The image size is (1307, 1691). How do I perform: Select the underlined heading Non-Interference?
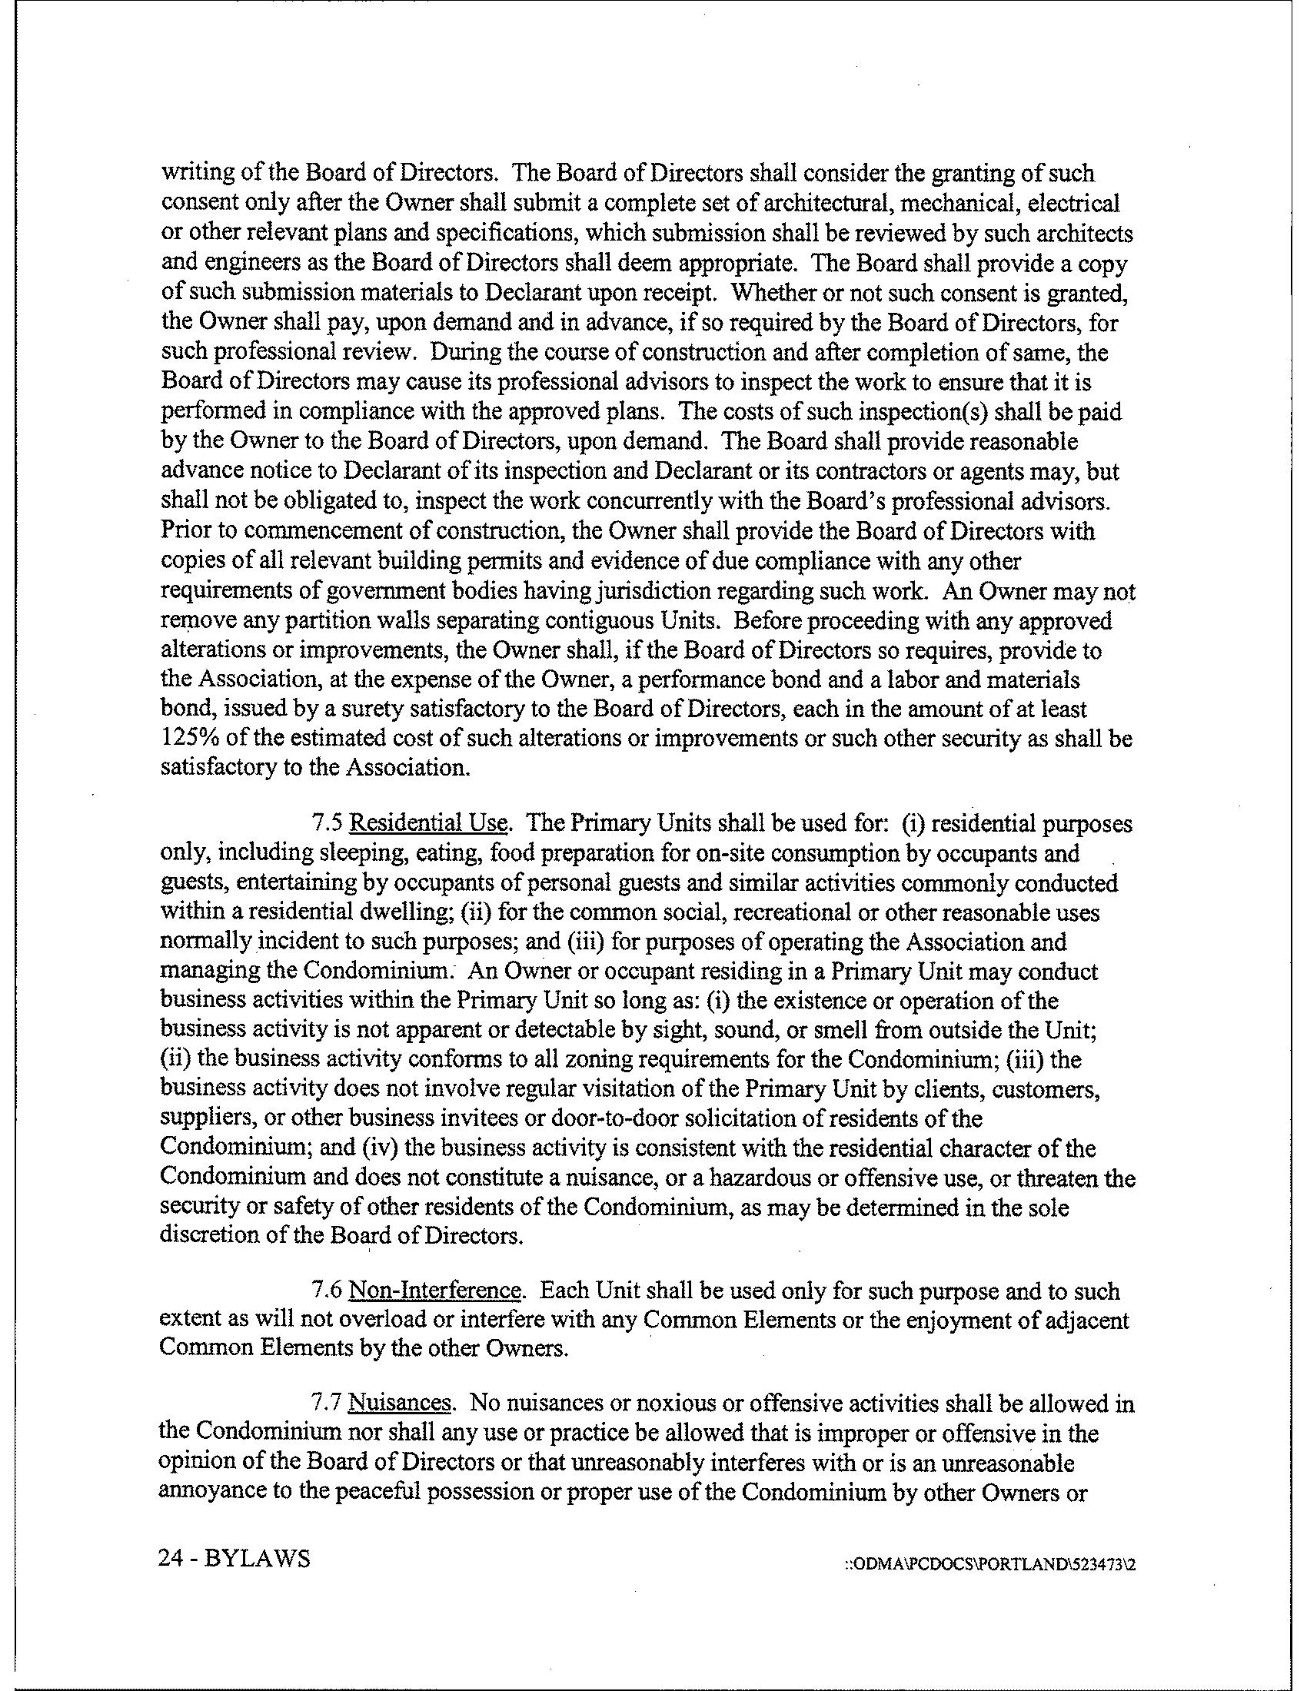(x=434, y=1291)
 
